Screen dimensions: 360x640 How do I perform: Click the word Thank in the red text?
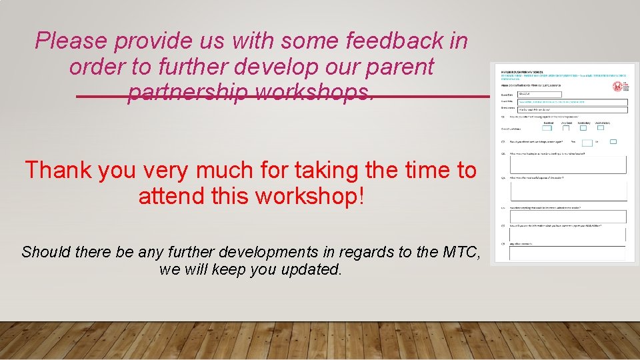click(x=61, y=170)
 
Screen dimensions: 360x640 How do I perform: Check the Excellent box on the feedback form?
click(x=547, y=127)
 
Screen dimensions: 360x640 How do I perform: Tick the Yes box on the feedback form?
click(x=587, y=142)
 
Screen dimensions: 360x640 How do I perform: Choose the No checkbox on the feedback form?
click(x=613, y=141)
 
